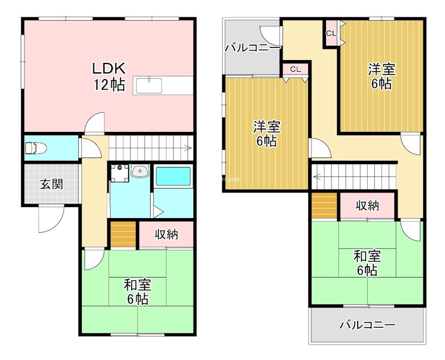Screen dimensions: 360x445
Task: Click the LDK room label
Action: coord(110,68)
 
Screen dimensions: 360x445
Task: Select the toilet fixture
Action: coord(35,149)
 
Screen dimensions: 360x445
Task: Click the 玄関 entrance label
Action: coord(51,185)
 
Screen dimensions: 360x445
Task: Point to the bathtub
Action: coord(173,177)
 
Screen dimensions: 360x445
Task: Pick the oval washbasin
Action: coord(140,172)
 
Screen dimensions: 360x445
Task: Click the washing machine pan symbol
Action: coord(118,172)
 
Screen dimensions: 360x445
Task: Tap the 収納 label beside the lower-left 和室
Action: coord(166,234)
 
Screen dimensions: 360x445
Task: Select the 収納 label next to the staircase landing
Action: coord(367,206)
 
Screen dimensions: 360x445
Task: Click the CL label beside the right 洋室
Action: coord(332,33)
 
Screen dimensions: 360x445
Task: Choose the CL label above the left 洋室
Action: coord(295,70)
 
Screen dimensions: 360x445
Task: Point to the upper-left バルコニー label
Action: coord(252,48)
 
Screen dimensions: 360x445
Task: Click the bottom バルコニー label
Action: coord(367,325)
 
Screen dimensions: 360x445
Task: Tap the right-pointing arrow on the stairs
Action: coord(189,149)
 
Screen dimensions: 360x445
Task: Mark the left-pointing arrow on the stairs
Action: coord(316,178)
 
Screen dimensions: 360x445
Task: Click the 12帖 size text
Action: coord(110,85)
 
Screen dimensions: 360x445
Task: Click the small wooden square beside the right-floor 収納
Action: coord(324,206)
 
